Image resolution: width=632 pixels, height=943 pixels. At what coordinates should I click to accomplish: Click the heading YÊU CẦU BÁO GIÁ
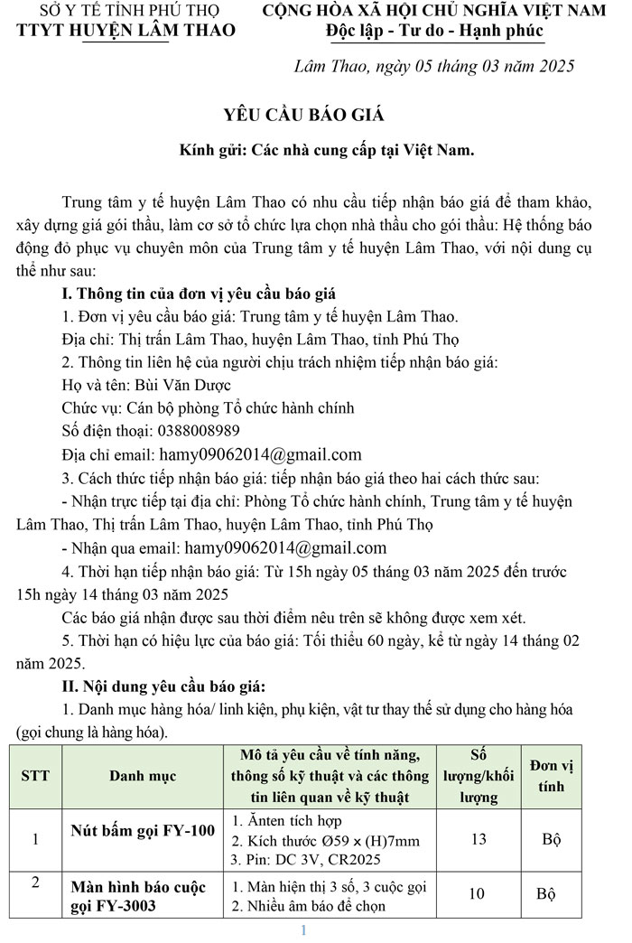click(x=304, y=115)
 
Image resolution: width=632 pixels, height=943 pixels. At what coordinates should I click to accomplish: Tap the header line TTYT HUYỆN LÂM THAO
click(x=126, y=31)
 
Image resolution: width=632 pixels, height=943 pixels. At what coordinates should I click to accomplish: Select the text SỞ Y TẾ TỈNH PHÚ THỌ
click(x=126, y=11)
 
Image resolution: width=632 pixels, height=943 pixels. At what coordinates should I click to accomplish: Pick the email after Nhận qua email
click(x=285, y=547)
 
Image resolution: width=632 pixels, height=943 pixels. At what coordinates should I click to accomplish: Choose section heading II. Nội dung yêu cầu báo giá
click(x=164, y=686)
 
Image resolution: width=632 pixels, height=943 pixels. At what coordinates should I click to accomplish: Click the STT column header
click(x=35, y=775)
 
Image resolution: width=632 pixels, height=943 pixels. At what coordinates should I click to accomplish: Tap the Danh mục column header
click(x=143, y=775)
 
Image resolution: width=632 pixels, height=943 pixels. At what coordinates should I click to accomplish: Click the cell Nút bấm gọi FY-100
click(x=143, y=831)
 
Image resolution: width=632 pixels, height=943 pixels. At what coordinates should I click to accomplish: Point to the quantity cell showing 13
click(x=479, y=839)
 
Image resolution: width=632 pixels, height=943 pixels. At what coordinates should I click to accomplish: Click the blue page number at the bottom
click(x=304, y=930)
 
